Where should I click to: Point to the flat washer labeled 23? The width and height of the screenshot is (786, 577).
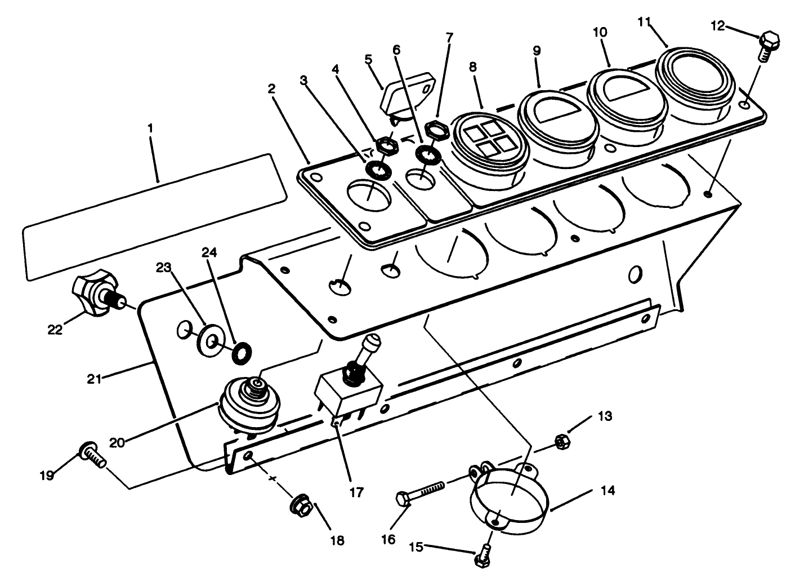211,341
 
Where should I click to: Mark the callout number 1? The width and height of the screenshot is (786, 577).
150,128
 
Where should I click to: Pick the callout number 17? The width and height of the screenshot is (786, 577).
356,491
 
